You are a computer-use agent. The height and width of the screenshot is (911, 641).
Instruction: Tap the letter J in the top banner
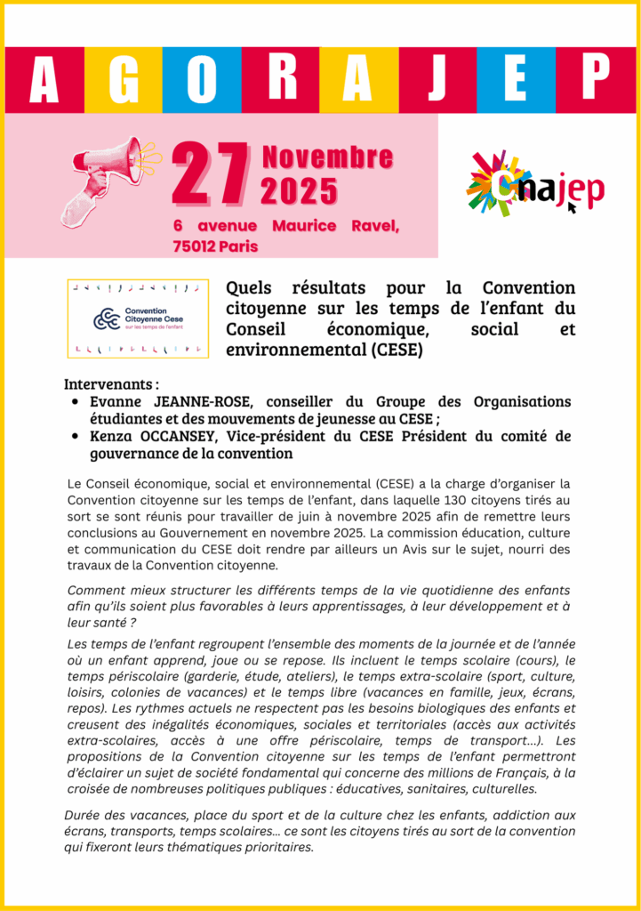click(437, 80)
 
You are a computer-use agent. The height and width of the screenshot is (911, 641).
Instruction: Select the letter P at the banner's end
click(597, 80)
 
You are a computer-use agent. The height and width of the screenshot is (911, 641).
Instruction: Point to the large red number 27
click(210, 173)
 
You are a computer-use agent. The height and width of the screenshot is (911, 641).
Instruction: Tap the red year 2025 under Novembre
click(299, 190)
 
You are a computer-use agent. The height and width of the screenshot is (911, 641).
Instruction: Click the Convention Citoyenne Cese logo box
click(138, 318)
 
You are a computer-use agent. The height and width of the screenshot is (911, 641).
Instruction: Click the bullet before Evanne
click(76, 403)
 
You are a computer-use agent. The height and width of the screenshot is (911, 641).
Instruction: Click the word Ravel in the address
click(373, 226)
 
